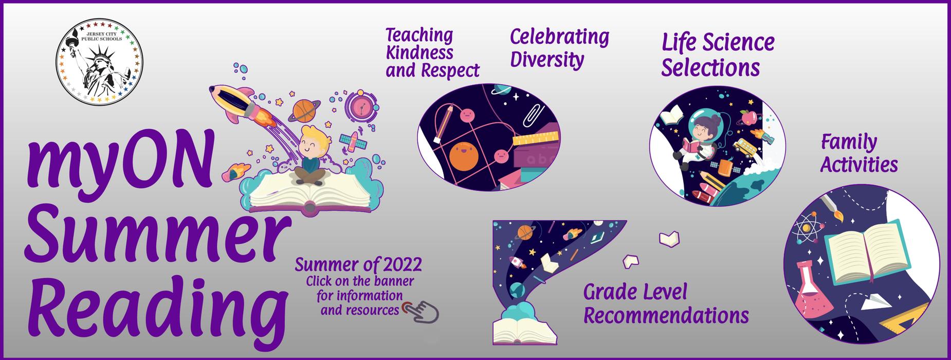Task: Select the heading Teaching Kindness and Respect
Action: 432,53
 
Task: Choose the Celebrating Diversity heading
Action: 559,48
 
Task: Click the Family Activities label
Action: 858,154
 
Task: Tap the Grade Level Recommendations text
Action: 666,304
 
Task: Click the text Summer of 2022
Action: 358,265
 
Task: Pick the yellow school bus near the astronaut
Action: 742,146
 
